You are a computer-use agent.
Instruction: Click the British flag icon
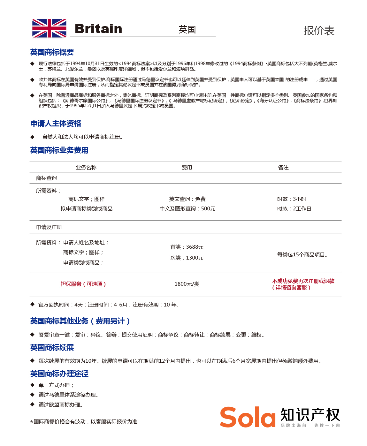[49, 28]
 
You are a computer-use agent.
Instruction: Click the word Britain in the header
[98, 29]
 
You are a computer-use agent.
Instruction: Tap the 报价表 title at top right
[319, 31]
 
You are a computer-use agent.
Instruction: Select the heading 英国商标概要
[52, 52]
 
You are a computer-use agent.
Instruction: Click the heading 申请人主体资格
[56, 123]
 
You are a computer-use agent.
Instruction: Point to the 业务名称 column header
[86, 167]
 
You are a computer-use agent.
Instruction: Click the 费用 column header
[187, 167]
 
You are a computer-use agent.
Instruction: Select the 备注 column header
[283, 167]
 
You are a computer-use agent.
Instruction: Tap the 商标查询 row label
[46, 178]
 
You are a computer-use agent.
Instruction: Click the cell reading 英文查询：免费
[187, 199]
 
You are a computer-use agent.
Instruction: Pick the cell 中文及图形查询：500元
[187, 208]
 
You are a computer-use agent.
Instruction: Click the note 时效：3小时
[292, 199]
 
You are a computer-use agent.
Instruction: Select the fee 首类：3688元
[187, 247]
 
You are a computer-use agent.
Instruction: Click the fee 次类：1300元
[187, 258]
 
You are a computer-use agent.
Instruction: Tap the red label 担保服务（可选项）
[83, 284]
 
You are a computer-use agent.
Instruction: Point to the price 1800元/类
[187, 284]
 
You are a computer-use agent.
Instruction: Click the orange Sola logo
[248, 417]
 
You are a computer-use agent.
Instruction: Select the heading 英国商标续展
[52, 347]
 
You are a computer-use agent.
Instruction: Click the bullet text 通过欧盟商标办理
[61, 404]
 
